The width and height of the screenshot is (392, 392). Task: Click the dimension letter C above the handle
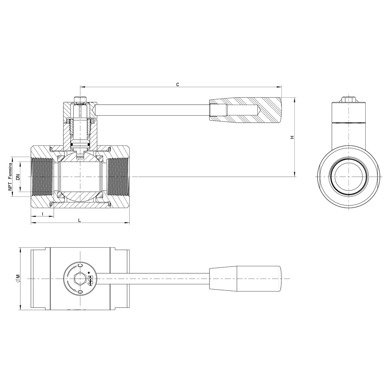(x=177, y=85)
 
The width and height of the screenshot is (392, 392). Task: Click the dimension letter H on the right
(x=292, y=137)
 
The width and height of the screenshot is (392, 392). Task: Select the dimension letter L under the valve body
(x=80, y=220)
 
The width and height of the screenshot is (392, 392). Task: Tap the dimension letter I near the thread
(x=43, y=214)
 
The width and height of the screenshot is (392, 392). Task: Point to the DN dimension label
(x=18, y=176)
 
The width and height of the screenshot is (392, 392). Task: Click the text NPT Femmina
(x=10, y=176)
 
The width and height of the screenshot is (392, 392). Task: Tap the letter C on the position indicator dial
(x=80, y=265)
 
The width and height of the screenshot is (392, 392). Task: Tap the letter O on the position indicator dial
(x=80, y=292)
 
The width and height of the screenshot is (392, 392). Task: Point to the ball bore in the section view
(x=80, y=176)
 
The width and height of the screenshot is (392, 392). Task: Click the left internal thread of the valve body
(x=42, y=176)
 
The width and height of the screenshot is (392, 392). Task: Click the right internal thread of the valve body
(x=118, y=176)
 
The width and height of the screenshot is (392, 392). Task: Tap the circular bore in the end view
(x=349, y=176)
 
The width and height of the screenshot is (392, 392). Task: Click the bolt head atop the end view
(x=349, y=99)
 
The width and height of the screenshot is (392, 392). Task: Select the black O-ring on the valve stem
(x=80, y=144)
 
